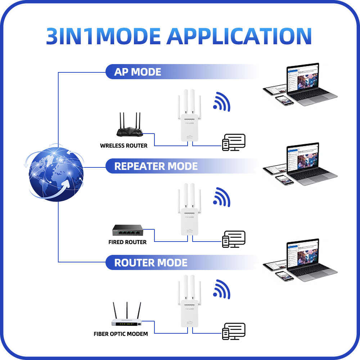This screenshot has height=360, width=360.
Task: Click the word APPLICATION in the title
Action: point(239,35)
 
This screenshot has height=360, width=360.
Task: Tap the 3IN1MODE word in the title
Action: point(103,35)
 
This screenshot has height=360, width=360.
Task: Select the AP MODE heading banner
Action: point(138,72)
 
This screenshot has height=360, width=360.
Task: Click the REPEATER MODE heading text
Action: point(156,166)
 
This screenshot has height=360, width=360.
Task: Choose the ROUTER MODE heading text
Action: point(151,262)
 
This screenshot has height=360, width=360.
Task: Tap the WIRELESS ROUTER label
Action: point(123,146)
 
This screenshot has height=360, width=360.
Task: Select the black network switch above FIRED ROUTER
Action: point(128,231)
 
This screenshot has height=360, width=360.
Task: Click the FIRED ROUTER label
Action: point(127,242)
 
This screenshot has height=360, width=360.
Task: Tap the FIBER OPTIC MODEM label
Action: point(121,334)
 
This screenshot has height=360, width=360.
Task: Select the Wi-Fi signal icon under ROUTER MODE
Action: point(222,289)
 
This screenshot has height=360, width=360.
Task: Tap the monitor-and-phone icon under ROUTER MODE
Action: point(234,331)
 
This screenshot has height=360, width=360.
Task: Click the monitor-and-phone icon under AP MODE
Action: point(234,142)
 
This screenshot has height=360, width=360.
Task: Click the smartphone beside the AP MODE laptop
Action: point(284,100)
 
